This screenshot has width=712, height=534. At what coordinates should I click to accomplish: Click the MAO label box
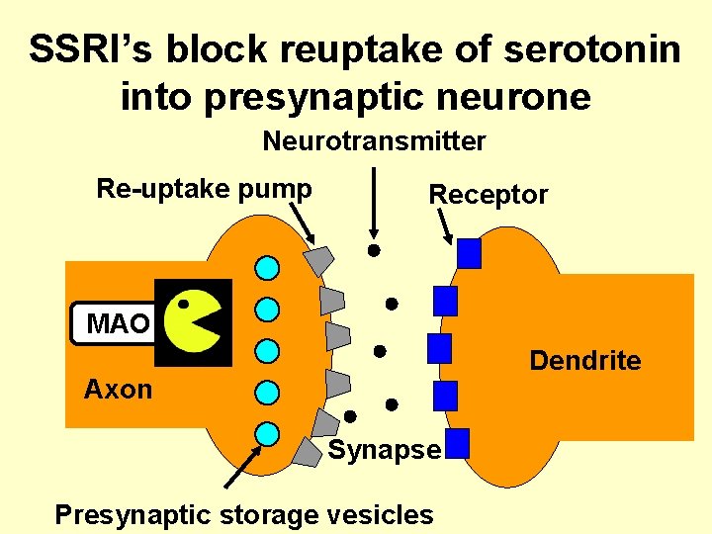point(115,323)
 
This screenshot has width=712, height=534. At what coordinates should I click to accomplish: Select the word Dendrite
point(584,361)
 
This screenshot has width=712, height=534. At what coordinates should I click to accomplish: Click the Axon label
point(119,390)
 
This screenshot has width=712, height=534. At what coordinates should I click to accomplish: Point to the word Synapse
point(384,450)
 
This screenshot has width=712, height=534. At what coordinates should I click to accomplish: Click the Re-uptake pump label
point(204,189)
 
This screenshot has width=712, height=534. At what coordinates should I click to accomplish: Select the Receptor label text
point(488,195)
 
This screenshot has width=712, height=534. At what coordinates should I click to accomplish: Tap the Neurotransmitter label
point(374,142)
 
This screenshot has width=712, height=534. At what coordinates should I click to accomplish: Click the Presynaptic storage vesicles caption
point(243,514)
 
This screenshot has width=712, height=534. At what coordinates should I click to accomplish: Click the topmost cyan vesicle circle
point(267,267)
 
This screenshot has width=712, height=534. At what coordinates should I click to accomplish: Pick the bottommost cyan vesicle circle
point(267,433)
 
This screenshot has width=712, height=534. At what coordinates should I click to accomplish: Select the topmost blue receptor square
point(469,254)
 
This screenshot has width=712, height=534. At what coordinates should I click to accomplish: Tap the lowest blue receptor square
point(457,443)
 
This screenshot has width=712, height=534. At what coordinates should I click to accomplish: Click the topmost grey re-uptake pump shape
point(318,260)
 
